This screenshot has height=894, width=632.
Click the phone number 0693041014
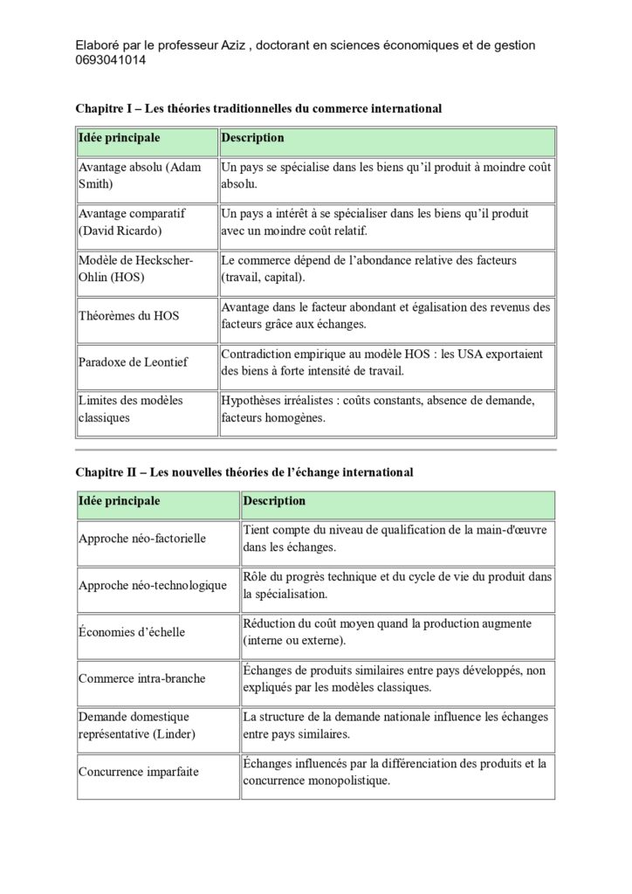coord(111,60)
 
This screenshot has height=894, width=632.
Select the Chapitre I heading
coord(258,108)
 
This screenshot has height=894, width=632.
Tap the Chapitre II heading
coord(244,471)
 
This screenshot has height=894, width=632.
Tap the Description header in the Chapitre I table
coord(252,138)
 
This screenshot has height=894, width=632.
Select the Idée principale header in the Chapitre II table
coord(119,501)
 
